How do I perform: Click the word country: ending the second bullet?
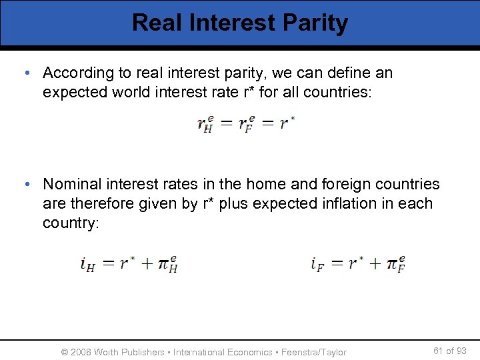(71, 223)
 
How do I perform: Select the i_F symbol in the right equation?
(317, 264)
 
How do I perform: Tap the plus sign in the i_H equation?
(146, 264)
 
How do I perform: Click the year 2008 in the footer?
(80, 351)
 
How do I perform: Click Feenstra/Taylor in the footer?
(314, 351)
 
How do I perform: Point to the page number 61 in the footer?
(439, 351)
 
